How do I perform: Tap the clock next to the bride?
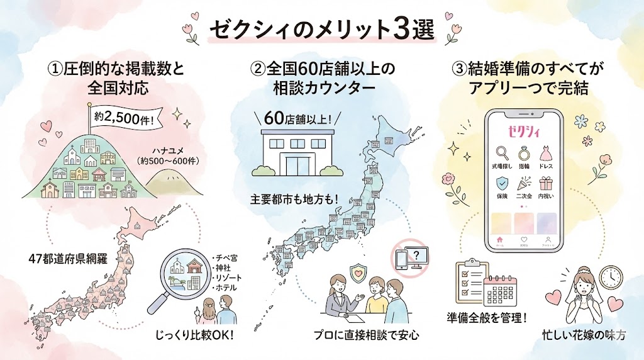tap(609, 276)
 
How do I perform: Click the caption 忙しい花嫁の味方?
tap(584, 335)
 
